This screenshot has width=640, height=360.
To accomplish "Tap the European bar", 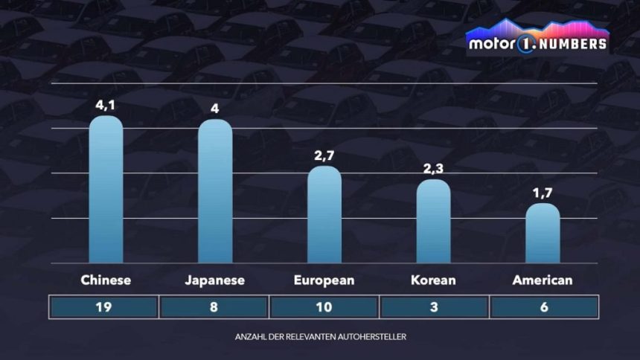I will [x=324, y=215].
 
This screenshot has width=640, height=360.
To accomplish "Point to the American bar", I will [x=543, y=234].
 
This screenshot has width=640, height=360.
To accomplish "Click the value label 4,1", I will [x=106, y=105].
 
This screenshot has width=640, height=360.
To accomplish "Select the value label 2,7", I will [x=324, y=155].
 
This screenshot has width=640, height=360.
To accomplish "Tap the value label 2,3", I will [x=433, y=168].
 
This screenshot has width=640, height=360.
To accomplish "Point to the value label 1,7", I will [x=543, y=193].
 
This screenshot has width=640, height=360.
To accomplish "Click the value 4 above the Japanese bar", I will [x=214, y=109].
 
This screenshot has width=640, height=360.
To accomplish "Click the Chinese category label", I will [x=106, y=280].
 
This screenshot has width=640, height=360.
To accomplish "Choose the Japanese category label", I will [x=214, y=280].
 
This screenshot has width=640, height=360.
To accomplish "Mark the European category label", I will [x=324, y=280].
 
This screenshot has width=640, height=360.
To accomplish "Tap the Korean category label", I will [x=433, y=280].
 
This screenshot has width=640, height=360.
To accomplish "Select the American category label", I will [x=543, y=280].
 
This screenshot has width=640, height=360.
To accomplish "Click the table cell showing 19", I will [x=104, y=307].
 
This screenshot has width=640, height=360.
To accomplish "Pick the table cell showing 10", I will [x=324, y=307].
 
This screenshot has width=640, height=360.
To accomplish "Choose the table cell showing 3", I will [x=434, y=307].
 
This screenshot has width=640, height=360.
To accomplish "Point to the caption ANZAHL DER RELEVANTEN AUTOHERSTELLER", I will [x=320, y=337].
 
